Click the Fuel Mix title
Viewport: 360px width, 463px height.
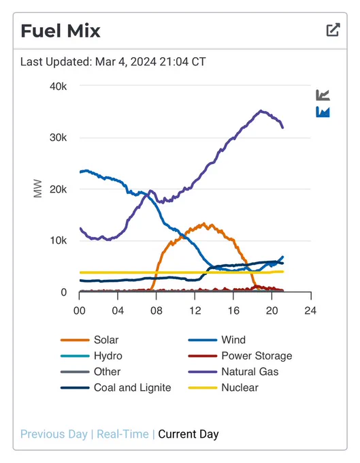(61, 31)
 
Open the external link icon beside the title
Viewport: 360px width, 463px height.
(333, 29)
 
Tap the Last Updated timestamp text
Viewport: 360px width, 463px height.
(113, 62)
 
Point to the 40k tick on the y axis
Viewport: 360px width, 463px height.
(59, 86)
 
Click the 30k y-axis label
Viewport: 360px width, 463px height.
(59, 138)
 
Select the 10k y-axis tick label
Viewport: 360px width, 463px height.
(59, 240)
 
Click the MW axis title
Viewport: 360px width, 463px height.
(38, 189)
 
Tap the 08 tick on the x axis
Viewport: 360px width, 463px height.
(156, 310)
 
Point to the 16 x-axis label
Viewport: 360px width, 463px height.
(233, 310)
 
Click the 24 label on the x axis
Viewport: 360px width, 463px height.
(310, 310)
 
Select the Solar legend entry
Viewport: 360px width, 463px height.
(89, 340)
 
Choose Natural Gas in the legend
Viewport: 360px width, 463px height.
(233, 372)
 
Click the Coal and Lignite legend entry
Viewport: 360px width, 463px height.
(116, 387)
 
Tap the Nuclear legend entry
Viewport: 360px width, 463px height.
(223, 387)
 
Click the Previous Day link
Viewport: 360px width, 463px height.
(54, 434)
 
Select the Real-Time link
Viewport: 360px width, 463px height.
(122, 434)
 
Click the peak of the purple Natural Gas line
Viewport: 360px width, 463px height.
(261, 111)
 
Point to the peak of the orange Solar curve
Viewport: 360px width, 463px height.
(203, 224)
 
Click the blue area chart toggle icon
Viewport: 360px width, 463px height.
(323, 112)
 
